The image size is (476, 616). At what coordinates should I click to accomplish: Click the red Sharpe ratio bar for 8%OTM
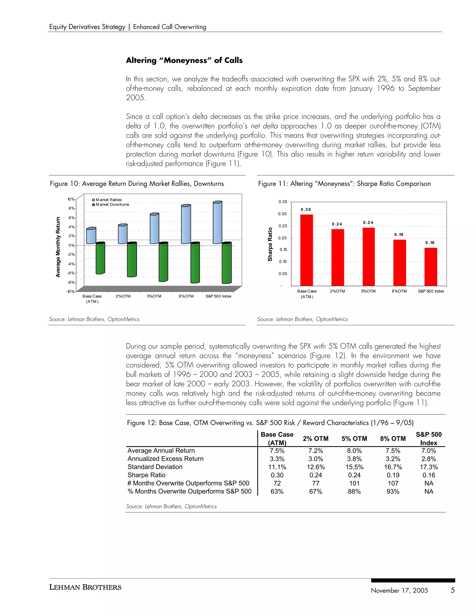coord(400,263)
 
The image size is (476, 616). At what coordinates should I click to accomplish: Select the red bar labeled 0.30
coord(307,250)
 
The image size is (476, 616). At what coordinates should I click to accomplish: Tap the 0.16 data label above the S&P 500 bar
coord(430,242)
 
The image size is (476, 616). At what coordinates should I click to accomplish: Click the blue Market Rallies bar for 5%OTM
coord(154,229)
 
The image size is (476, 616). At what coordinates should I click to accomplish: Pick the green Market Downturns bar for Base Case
coord(100,258)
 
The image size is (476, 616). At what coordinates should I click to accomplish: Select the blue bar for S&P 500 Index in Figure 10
coord(217,223)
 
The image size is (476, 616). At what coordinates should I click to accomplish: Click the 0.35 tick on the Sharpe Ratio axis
coord(283,202)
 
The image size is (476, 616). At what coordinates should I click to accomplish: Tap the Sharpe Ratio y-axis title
coord(270,244)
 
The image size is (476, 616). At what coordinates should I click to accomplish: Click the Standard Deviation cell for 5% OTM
coord(354,467)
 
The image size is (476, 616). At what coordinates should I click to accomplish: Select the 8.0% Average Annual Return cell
coord(354,451)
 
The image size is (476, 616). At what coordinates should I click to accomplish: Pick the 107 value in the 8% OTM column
coord(393,484)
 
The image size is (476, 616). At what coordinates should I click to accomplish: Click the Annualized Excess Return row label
coord(165,459)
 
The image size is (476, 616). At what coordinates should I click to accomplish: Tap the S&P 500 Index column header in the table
coord(428,439)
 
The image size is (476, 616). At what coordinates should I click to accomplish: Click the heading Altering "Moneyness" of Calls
coord(184,60)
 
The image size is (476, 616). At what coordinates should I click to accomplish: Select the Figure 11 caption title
coord(344,184)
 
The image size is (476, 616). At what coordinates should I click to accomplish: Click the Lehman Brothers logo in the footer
coord(85,587)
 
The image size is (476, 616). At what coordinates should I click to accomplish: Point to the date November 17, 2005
coord(399,591)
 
